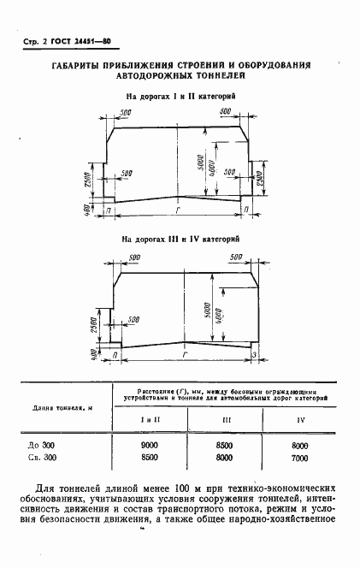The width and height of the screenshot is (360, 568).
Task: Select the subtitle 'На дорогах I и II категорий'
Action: pos(180,98)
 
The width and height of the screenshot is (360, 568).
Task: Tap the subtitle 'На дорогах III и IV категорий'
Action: pos(180,241)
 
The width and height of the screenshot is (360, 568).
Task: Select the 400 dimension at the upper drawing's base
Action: pos(88,210)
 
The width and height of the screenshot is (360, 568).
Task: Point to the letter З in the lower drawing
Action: pos(253,354)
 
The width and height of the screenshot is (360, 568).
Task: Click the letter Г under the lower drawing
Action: pos(184,353)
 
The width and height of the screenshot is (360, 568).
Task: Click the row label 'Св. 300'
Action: pos(41,458)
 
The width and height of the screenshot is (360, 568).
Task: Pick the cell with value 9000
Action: pos(150,445)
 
